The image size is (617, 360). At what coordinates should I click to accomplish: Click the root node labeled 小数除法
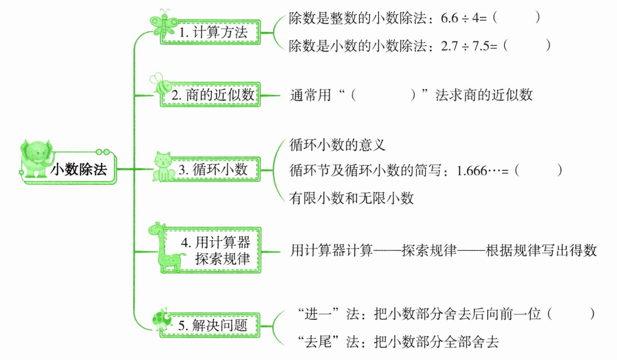point(79,169)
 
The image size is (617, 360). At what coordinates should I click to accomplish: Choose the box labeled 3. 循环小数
point(213,169)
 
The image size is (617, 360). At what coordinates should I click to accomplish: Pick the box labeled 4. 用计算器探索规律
point(216,250)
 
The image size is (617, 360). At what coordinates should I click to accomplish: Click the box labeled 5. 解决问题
point(213,325)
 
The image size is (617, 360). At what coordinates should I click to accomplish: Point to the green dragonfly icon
point(163,25)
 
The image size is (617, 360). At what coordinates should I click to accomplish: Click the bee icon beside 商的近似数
point(161,85)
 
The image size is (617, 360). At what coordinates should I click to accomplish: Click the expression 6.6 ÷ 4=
point(463,18)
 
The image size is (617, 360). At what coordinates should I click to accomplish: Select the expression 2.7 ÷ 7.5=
point(469,46)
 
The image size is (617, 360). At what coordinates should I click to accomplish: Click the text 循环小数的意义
point(337,145)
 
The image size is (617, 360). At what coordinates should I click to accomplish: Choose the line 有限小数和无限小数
point(351,198)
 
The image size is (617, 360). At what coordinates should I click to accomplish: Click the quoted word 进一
point(318,314)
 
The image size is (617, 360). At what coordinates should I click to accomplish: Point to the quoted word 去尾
point(318,342)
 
